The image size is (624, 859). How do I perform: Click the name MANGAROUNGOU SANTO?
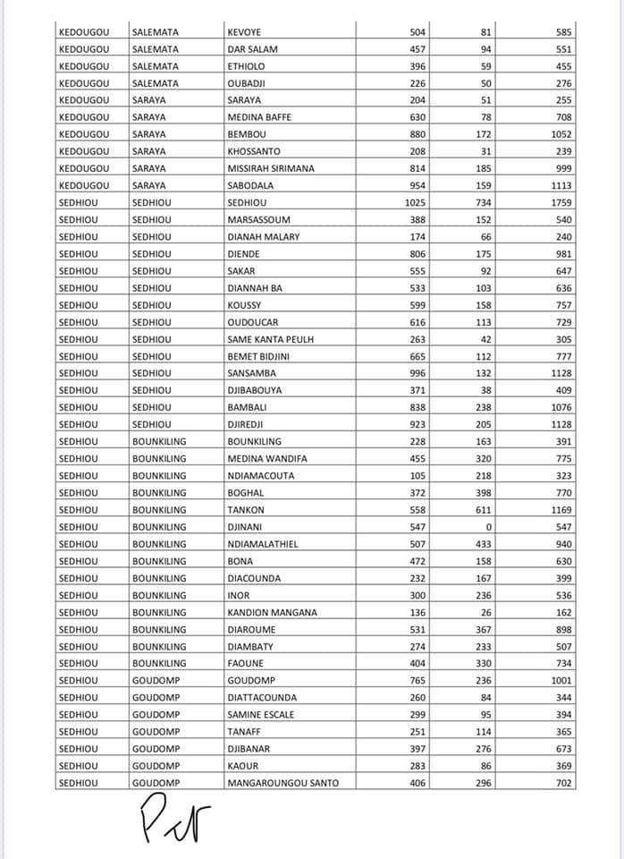pos(283,783)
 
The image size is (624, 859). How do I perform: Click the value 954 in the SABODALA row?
pos(416,185)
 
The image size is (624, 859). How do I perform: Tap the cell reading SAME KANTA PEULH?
pos(271,339)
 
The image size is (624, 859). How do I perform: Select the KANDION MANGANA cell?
pos(272,612)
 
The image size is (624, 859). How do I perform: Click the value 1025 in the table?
pos(414,202)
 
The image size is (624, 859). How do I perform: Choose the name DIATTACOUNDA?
pos(262,697)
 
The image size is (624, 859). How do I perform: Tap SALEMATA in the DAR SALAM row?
pos(155,49)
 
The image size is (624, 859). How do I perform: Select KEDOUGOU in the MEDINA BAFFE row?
pos(83,117)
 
